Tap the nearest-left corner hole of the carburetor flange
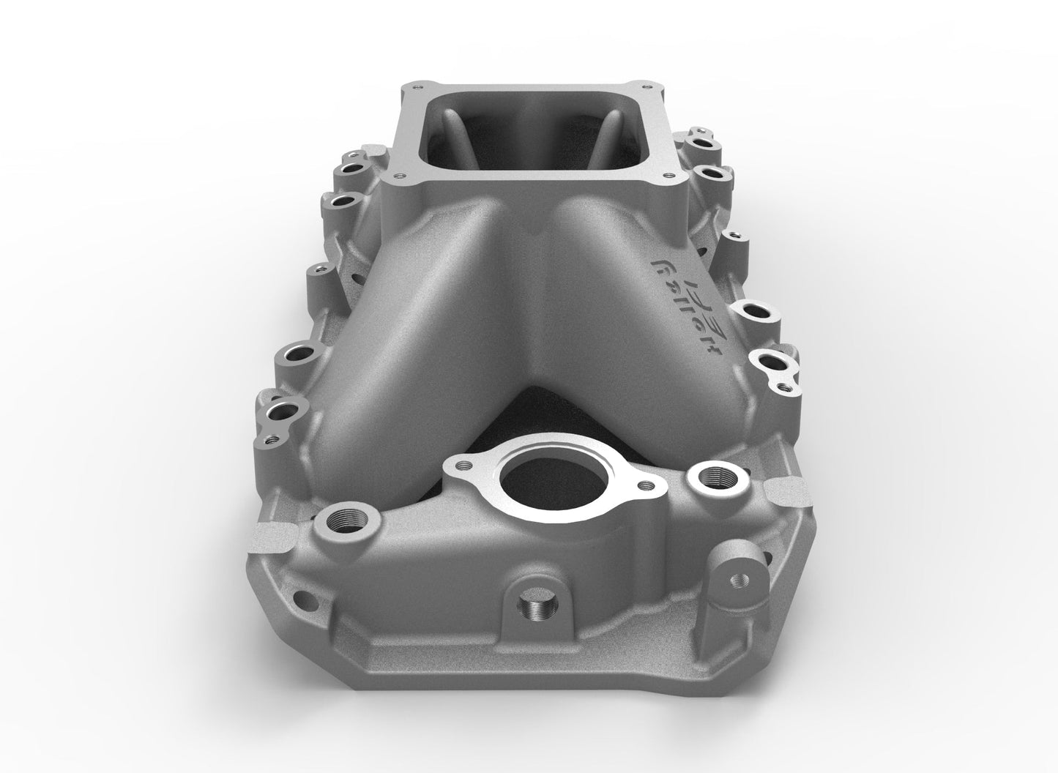(x=396, y=175)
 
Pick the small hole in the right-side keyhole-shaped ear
(x=788, y=383)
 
